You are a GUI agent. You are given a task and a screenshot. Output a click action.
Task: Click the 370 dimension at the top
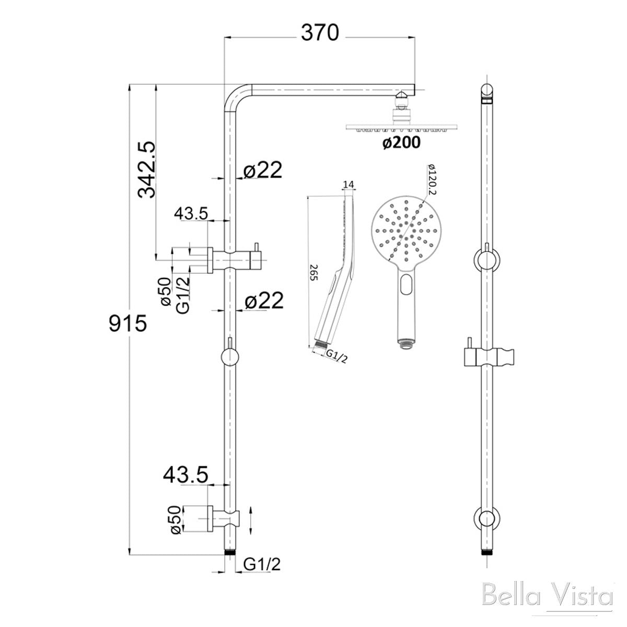click(320, 32)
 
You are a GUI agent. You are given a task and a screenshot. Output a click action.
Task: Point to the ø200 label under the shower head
click(401, 143)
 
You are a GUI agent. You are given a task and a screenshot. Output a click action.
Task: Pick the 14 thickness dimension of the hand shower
click(349, 184)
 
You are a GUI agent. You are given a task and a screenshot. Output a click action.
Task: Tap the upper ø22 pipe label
click(263, 170)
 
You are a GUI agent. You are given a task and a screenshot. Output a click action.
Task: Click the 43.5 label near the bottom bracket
click(185, 474)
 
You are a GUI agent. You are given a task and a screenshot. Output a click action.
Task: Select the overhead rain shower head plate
click(401, 127)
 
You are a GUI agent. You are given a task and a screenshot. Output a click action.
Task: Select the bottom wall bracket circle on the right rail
click(486, 519)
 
